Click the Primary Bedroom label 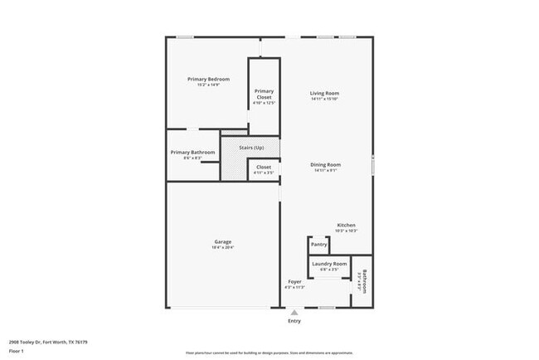pos(208,79)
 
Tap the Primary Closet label pos(264,94)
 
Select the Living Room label pos(325,93)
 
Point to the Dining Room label pos(325,164)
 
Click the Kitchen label pos(346,226)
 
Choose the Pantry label pos(318,245)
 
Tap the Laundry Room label pos(329,264)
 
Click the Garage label pos(222,242)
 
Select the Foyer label pos(294,282)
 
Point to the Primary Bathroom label pos(193,152)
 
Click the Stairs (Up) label pos(251,148)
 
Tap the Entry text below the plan pos(294,321)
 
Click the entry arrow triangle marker pos(294,312)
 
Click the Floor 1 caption pos(17,351)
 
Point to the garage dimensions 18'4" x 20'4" pos(222,248)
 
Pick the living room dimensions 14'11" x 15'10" pos(325,99)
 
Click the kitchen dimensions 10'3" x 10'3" pos(346,231)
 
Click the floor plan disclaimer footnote pos(269,352)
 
